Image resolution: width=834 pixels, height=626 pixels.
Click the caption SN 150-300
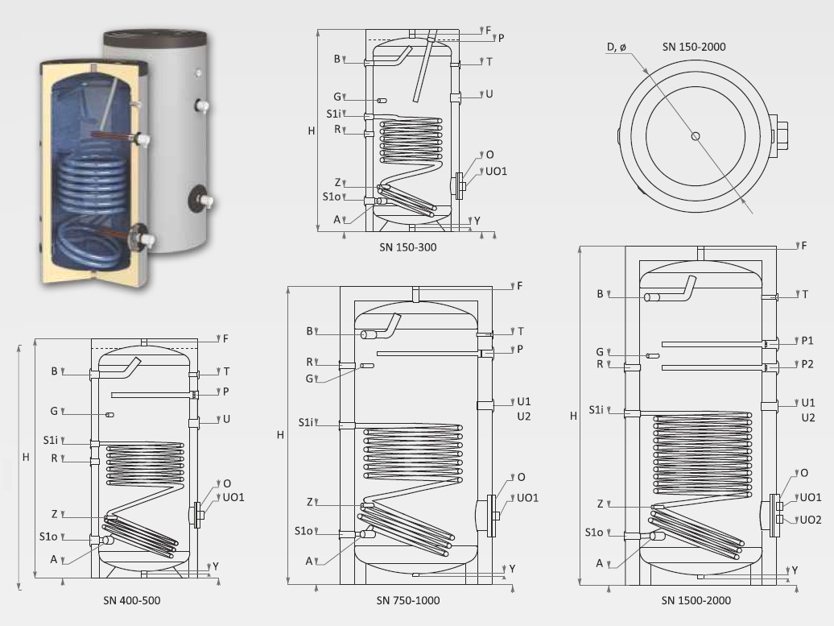point(408,247)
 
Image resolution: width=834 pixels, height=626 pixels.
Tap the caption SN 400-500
point(132,600)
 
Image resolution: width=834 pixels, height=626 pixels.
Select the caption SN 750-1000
point(408,600)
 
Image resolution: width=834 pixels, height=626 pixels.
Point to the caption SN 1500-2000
point(696,600)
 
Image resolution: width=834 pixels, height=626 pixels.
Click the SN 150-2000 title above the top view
point(694,47)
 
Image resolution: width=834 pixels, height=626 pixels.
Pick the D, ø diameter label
point(617,48)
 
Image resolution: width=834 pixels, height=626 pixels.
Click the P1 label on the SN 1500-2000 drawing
point(807,341)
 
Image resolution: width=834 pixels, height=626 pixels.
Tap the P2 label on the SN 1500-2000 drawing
point(807,364)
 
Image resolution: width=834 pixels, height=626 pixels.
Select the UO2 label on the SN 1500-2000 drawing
point(811,520)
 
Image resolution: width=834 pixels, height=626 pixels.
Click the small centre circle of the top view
point(696,136)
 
